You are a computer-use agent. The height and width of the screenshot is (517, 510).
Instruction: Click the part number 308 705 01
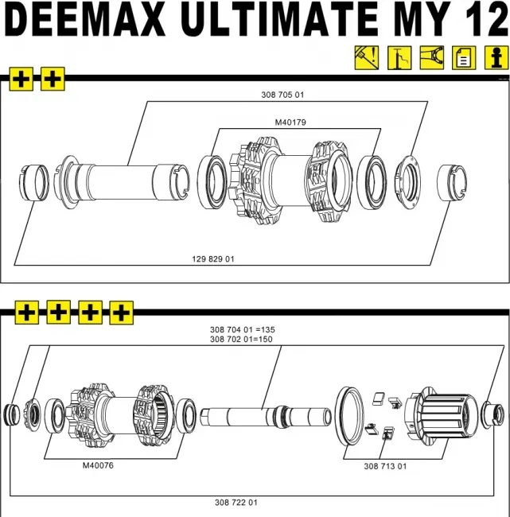(282, 95)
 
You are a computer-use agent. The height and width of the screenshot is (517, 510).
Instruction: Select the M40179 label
(290, 122)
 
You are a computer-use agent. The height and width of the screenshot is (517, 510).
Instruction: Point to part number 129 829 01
(213, 259)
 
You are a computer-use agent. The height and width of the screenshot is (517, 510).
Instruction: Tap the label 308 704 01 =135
(242, 329)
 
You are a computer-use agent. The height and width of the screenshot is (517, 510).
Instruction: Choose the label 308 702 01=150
(242, 340)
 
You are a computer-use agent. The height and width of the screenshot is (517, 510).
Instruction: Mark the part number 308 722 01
(236, 503)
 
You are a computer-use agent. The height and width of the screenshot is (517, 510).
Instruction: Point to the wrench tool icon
(430, 58)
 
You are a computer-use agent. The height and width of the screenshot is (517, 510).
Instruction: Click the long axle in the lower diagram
(267, 415)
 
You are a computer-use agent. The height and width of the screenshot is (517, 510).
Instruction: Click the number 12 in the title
(481, 21)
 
